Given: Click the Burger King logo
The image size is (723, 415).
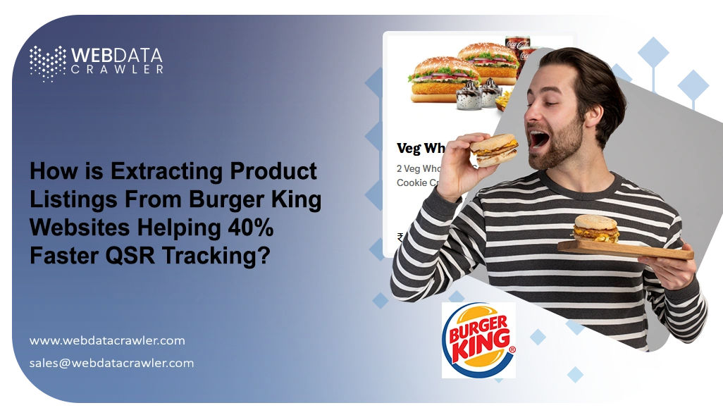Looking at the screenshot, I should (478, 340).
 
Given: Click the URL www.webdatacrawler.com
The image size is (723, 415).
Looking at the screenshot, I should (107, 340).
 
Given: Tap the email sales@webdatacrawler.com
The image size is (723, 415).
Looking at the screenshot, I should (111, 364).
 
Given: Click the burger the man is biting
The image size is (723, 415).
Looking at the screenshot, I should (493, 148).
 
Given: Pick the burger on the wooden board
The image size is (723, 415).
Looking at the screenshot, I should (595, 229).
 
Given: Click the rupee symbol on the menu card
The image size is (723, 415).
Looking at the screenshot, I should (400, 237).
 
